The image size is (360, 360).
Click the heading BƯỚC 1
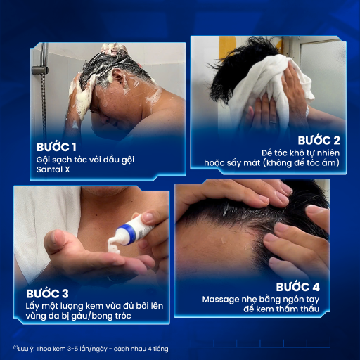click(56, 147)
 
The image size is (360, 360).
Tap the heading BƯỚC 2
click(319, 141)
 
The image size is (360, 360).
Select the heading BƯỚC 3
click(47, 293)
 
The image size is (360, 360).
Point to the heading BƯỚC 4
click(297, 287)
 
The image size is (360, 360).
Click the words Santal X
click(53, 169)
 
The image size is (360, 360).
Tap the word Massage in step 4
click(221, 300)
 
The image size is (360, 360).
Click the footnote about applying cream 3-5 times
click(91, 349)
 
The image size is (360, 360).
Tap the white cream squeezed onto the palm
click(114, 246)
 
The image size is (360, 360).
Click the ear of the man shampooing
click(118, 77)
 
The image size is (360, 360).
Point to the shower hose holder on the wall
click(40, 70)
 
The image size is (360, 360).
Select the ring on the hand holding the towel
click(274, 122)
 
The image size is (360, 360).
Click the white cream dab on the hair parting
click(226, 210)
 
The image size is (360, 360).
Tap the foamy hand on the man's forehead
click(79, 98)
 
